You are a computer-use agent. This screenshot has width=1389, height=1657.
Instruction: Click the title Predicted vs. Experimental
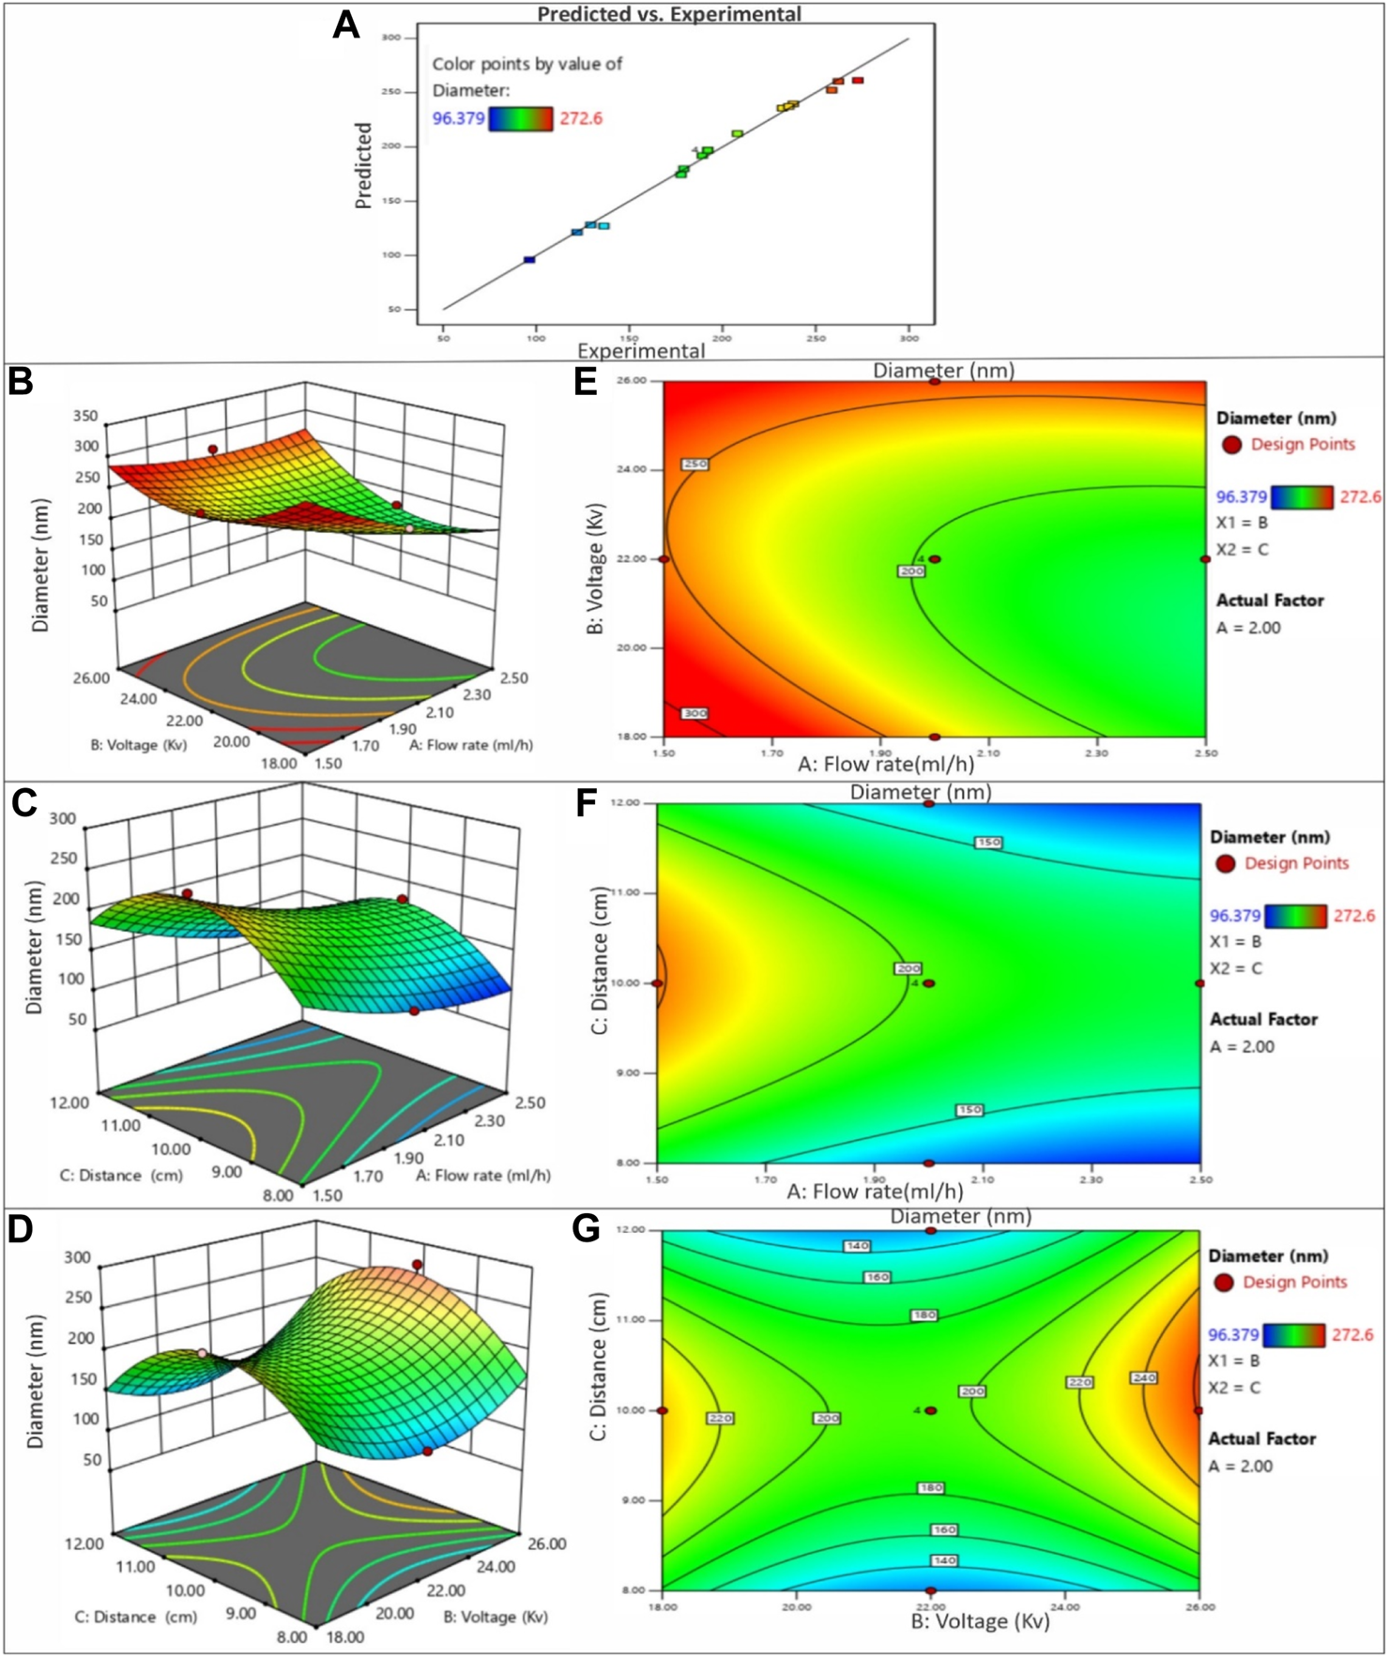669,14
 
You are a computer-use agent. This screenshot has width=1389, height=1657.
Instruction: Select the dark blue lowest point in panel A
529,260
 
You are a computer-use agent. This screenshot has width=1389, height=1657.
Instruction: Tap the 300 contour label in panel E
694,714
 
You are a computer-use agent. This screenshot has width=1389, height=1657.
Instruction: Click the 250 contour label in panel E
694,464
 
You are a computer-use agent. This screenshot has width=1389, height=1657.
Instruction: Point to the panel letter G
586,1229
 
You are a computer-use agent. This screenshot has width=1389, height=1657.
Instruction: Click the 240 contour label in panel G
1143,1378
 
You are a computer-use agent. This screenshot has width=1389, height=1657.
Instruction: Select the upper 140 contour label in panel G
857,1246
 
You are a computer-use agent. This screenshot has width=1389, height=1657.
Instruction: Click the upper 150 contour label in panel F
988,843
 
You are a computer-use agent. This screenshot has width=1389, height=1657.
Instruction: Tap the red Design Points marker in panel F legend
1225,863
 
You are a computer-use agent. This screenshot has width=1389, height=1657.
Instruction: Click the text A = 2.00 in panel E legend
1248,628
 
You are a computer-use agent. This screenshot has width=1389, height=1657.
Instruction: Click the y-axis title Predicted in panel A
364,165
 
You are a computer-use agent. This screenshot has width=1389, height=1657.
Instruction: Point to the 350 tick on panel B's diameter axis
85,416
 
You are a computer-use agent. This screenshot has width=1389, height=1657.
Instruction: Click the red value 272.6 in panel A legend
581,118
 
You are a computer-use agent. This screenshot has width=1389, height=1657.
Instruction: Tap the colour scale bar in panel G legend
1293,1335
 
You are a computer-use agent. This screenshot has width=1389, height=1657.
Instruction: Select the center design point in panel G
931,1410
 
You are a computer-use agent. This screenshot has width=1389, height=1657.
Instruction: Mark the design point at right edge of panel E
1205,559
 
